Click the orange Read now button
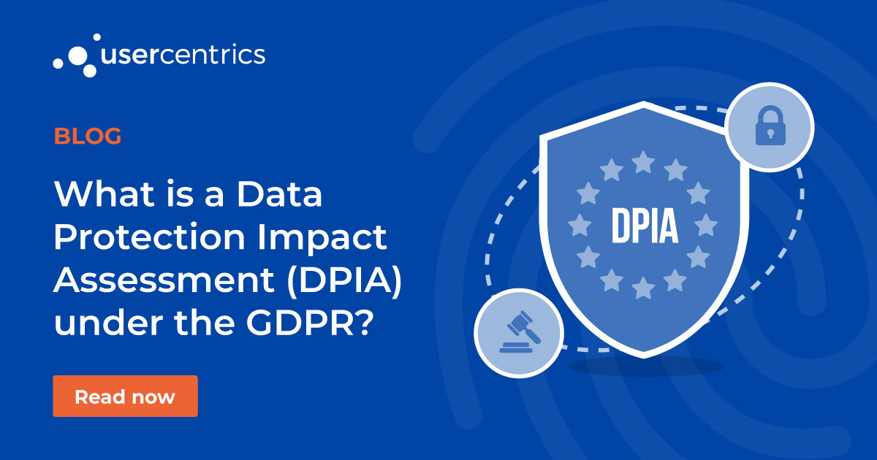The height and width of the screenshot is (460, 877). click(x=125, y=396)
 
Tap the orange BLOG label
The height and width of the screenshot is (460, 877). click(x=88, y=136)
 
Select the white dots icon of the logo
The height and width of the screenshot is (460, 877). click(x=74, y=54)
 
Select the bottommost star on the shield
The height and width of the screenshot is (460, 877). click(x=643, y=289)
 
